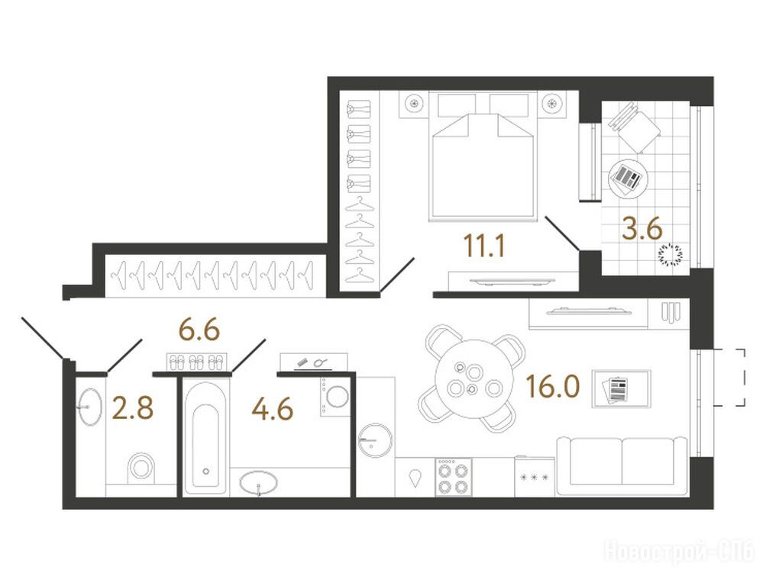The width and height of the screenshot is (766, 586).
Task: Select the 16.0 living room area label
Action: click(x=553, y=386)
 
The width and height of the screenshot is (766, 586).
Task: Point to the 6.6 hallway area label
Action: click(x=200, y=330)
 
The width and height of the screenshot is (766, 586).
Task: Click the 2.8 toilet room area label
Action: click(x=133, y=408)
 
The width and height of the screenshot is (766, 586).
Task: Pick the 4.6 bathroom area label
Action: click(x=273, y=409)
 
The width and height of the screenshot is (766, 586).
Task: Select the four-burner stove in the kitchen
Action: click(x=454, y=477)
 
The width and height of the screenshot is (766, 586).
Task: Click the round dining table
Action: click(x=473, y=379)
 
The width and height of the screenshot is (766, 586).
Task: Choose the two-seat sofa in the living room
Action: click(x=622, y=466)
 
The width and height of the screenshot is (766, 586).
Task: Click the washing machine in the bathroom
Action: click(x=335, y=396)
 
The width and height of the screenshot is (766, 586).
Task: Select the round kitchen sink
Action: click(x=375, y=440)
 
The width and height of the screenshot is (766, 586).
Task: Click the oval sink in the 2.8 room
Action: click(x=89, y=407)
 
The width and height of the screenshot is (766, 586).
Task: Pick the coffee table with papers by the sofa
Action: click(x=621, y=389)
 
